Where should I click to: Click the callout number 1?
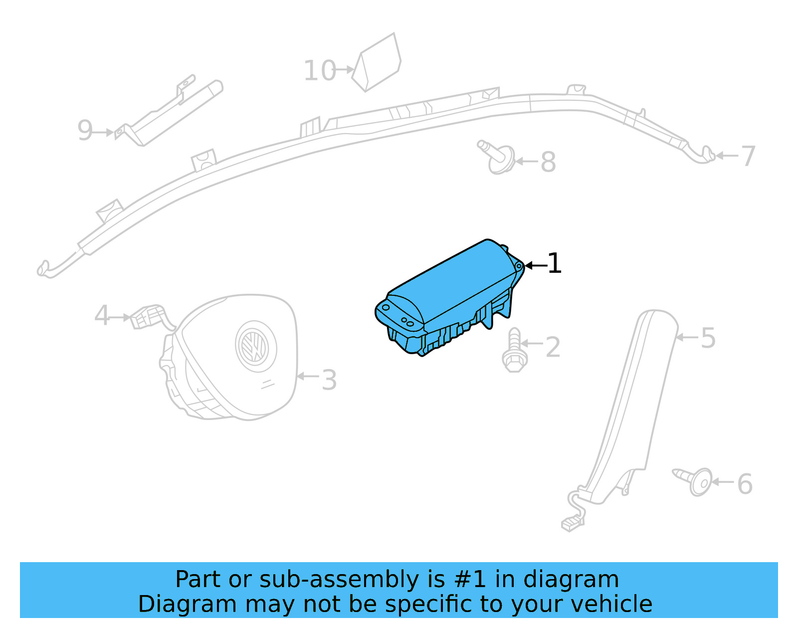pos(554,263)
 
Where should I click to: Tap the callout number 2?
pos(553,347)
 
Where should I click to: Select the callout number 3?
pos(329,380)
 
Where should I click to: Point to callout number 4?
pos(102,316)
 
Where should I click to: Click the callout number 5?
pos(708,338)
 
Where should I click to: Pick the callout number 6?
pos(745,484)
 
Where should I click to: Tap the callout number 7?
pos(748,157)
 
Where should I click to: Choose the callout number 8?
pos(548,162)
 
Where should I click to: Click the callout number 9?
pos(85,131)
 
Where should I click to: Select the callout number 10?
pos(320,71)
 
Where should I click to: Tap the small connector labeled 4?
pos(148,317)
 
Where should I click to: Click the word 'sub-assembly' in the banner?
pos(339,580)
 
